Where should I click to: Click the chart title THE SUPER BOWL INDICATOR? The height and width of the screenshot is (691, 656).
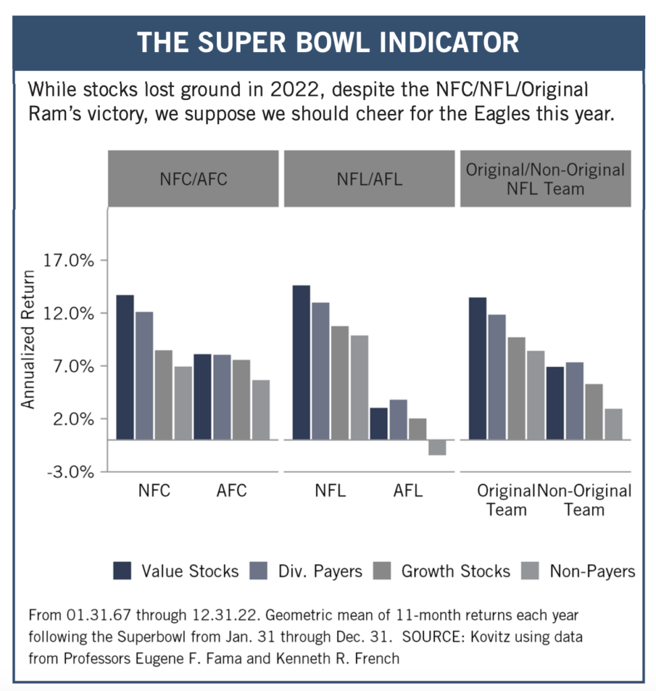click(x=328, y=43)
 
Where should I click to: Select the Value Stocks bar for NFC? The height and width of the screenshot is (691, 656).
click(x=125, y=367)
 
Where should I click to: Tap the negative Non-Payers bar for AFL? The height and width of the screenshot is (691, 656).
click(x=437, y=447)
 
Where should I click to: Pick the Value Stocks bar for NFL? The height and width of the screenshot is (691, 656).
click(x=301, y=362)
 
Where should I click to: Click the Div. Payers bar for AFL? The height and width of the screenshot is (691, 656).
click(x=398, y=419)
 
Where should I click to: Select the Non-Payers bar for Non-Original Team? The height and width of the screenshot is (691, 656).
click(x=614, y=424)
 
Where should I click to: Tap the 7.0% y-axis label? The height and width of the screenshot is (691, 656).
click(x=71, y=366)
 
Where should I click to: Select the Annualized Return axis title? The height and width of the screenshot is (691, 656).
click(x=28, y=339)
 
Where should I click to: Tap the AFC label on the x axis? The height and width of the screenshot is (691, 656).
click(x=232, y=491)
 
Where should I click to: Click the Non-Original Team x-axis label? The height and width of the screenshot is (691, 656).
click(x=585, y=499)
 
